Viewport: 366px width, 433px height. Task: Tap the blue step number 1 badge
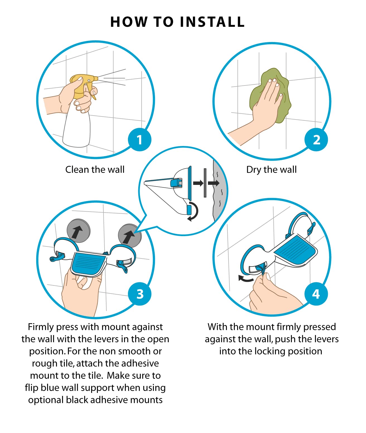[139, 140]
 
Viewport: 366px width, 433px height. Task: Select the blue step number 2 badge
[316, 140]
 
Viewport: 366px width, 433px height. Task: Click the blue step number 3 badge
[139, 294]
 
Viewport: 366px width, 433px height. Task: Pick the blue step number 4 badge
[316, 294]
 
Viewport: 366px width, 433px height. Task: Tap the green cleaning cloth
[270, 96]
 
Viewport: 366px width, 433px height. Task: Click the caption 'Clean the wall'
[95, 170]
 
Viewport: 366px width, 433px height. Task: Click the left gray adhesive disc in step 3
[79, 231]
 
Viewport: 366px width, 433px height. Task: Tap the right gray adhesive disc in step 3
[130, 235]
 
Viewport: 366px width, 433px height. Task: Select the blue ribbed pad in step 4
[295, 249]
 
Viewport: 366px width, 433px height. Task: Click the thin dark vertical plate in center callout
[205, 183]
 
